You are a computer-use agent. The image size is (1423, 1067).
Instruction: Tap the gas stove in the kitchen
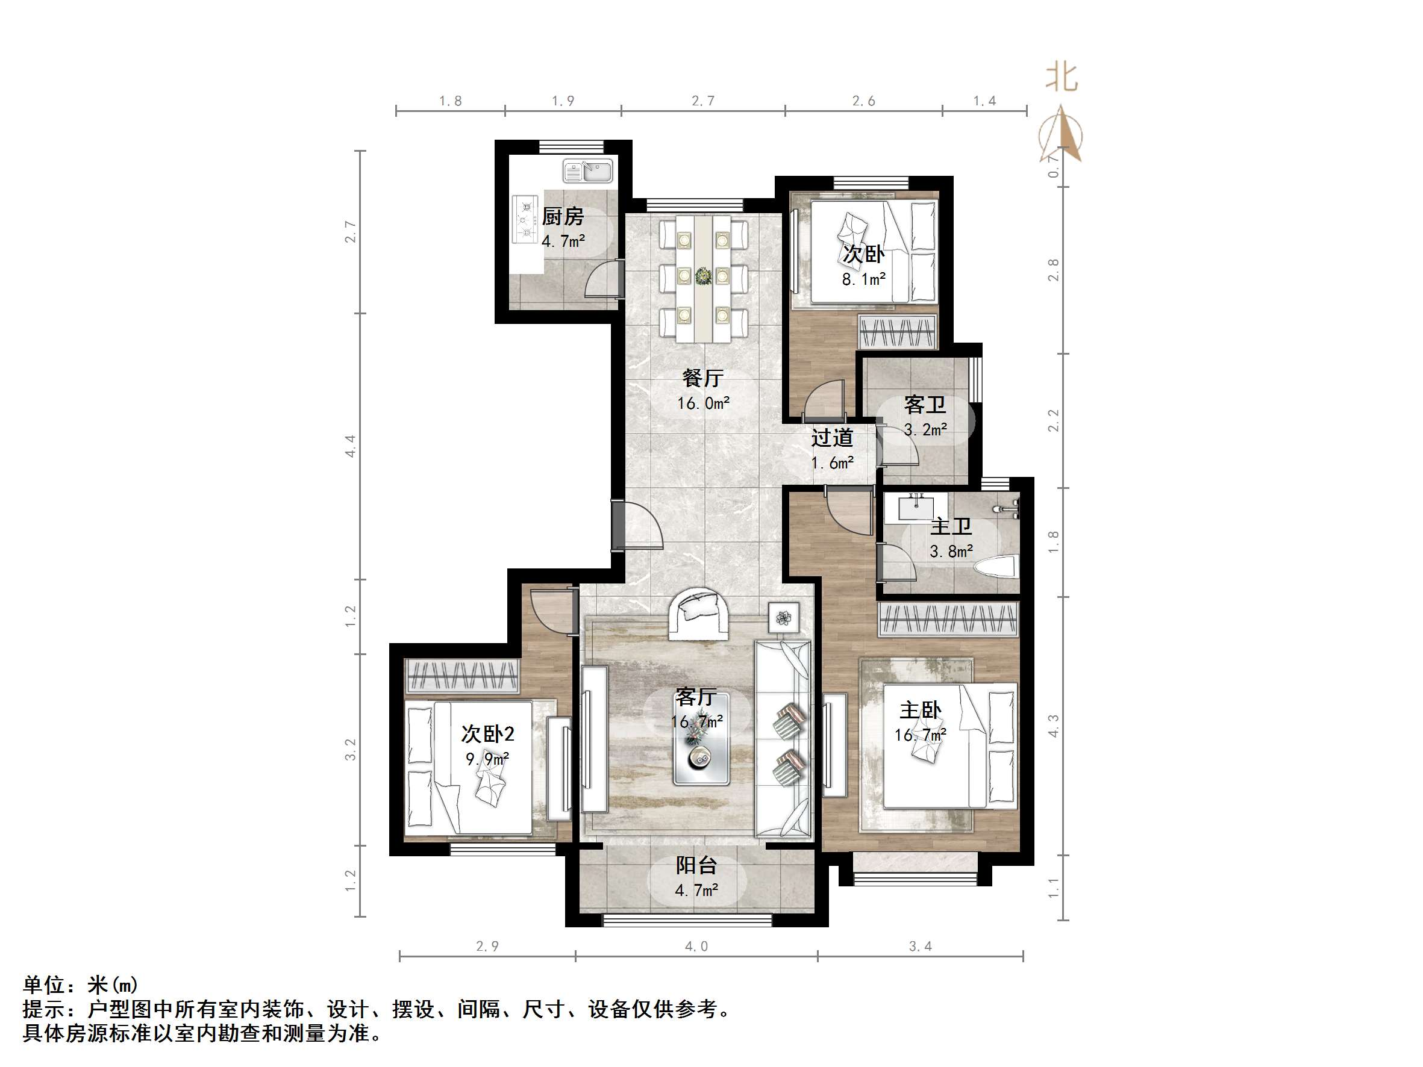pyautogui.click(x=525, y=220)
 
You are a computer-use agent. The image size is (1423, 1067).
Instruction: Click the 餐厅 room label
pyautogui.click(x=702, y=378)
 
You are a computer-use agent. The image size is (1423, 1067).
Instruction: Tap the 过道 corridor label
pyautogui.click(x=832, y=438)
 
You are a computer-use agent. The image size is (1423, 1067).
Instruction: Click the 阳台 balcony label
pyautogui.click(x=696, y=866)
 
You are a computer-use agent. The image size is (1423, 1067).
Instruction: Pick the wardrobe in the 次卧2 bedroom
pyautogui.click(x=462, y=676)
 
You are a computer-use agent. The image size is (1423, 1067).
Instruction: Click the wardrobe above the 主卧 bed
pyautogui.click(x=948, y=620)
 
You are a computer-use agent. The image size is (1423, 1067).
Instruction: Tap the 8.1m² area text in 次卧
pyautogui.click(x=863, y=280)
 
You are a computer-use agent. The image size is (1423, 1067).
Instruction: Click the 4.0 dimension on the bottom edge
pyautogui.click(x=696, y=946)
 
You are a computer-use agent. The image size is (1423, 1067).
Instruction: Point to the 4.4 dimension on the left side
pyautogui.click(x=351, y=446)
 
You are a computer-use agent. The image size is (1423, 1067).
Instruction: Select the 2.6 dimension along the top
pyautogui.click(x=863, y=101)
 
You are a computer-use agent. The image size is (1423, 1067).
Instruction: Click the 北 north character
pyautogui.click(x=1061, y=77)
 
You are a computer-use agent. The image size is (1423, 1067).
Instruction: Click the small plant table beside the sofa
pyautogui.click(x=784, y=618)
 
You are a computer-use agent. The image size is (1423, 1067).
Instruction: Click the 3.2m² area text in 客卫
pyautogui.click(x=925, y=429)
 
